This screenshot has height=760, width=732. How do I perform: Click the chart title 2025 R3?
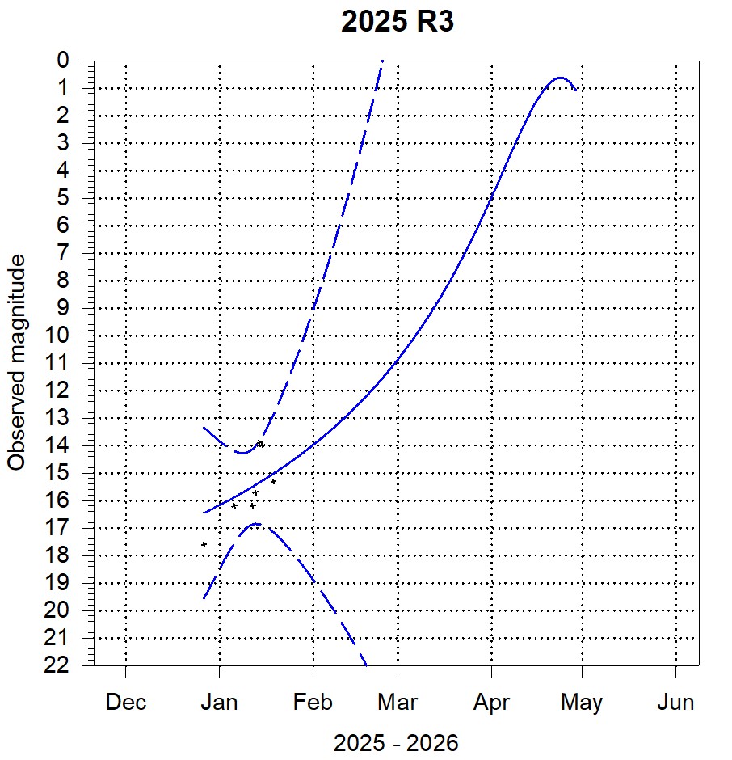(398, 23)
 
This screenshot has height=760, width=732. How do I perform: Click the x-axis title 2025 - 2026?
(396, 743)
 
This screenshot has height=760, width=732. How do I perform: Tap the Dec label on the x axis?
(126, 703)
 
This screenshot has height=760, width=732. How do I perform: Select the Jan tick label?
(218, 703)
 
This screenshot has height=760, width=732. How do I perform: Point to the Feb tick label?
(313, 703)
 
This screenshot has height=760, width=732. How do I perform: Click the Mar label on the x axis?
(398, 703)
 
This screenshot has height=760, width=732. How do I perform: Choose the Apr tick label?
(490, 703)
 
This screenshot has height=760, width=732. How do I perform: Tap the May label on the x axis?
(582, 703)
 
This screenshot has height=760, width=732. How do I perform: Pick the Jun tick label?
(675, 703)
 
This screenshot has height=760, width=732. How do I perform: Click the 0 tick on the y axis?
(63, 61)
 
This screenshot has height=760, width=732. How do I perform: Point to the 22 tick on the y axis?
(58, 665)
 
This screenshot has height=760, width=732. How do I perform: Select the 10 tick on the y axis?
(58, 335)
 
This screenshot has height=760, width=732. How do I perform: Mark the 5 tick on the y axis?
(63, 198)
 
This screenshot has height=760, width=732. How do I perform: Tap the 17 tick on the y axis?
(58, 527)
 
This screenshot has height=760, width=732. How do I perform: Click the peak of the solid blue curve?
(560, 78)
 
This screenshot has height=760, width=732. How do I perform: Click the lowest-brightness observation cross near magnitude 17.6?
(204, 544)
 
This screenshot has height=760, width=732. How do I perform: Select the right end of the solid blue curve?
(576, 90)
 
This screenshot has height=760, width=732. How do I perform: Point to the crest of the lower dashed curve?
(256, 524)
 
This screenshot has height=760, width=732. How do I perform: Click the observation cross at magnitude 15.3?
(273, 481)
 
